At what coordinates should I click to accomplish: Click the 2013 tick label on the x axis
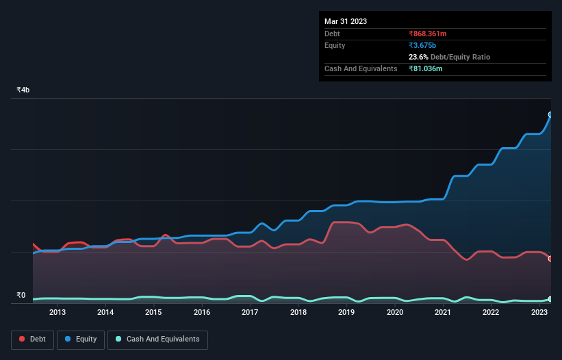[x=58, y=313]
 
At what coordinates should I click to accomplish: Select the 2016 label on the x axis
[x=202, y=313]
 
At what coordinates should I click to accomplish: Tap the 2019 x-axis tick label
[x=346, y=313]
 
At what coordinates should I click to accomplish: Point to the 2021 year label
[x=443, y=313]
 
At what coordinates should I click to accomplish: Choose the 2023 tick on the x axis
[x=539, y=313]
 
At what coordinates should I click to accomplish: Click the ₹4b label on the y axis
[x=23, y=90]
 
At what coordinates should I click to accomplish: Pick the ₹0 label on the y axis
[x=21, y=296]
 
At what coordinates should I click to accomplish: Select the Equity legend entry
[x=81, y=339]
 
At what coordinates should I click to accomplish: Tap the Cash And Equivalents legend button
[x=157, y=339]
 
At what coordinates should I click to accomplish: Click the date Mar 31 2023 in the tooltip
[x=346, y=21]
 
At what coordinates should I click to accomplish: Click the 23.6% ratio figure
[x=419, y=57]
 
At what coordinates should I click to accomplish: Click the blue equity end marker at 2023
[x=550, y=114]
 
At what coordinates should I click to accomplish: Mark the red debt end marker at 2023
[x=550, y=259]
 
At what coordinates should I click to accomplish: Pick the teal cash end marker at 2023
[x=550, y=299]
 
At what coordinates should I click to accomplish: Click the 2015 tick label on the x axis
[x=153, y=313]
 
